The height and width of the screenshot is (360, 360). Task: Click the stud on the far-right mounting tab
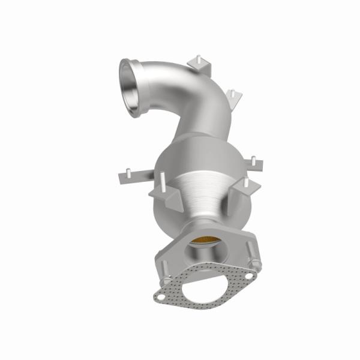[x=253, y=158]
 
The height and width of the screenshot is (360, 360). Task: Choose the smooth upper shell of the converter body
[x=186, y=159]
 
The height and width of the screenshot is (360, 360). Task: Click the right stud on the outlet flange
[x=258, y=263]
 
